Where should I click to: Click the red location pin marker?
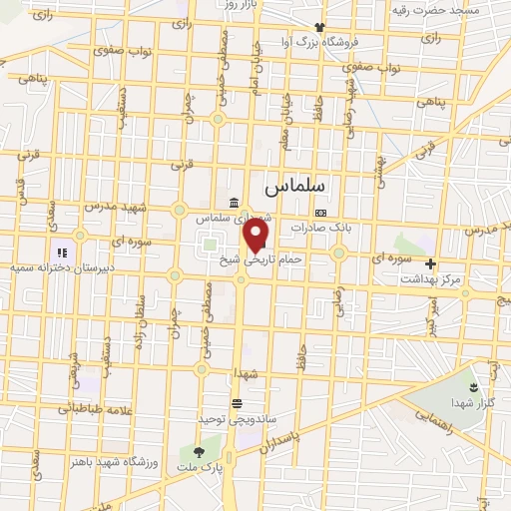coord(256,236)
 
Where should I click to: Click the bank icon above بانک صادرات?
coord(319,213)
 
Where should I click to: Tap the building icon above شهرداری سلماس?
coord(233,203)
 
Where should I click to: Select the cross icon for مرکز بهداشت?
coord(430,264)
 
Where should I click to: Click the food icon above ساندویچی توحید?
coord(237,403)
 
